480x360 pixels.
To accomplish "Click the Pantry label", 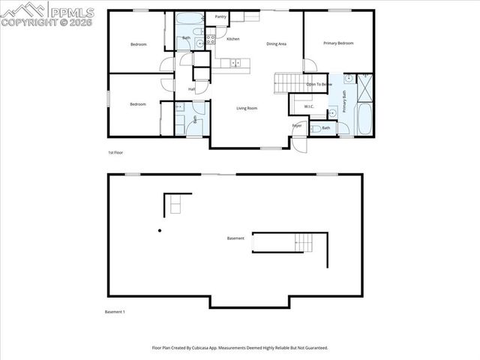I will click(220, 16).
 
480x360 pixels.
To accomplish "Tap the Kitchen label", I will click(233, 38).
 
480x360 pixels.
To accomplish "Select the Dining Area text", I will click(277, 43).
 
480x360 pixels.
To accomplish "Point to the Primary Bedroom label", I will click(338, 43).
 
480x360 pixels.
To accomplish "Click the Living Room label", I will click(247, 109).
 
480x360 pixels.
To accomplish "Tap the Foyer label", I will click(297, 125).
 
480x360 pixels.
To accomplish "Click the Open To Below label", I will click(319, 84).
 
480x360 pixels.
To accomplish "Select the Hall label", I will click(191, 89).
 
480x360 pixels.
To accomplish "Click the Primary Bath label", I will click(344, 101).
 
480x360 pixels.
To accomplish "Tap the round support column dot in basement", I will click(160, 231).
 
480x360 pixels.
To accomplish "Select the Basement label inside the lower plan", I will click(235, 238).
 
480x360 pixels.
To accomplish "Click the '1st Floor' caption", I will click(115, 152).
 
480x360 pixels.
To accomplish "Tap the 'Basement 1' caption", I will click(114, 311).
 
